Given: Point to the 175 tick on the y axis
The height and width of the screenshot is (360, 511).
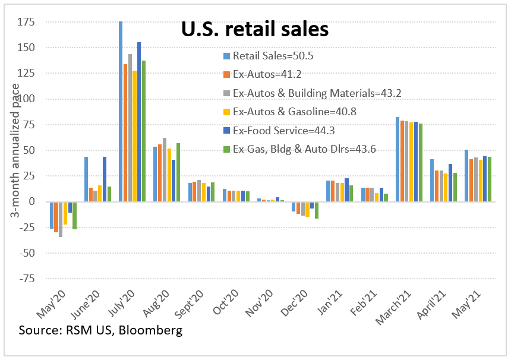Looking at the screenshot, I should click(26, 22).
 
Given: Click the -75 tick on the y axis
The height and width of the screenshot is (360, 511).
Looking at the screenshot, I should click(26, 279).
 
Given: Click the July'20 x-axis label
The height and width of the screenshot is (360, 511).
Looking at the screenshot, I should click(126, 302).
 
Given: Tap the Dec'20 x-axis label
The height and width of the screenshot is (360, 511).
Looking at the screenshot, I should click(299, 302).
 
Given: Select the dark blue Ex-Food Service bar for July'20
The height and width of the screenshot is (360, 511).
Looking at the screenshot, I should click(139, 122).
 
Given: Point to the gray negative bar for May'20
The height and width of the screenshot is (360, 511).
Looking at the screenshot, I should click(61, 219).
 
